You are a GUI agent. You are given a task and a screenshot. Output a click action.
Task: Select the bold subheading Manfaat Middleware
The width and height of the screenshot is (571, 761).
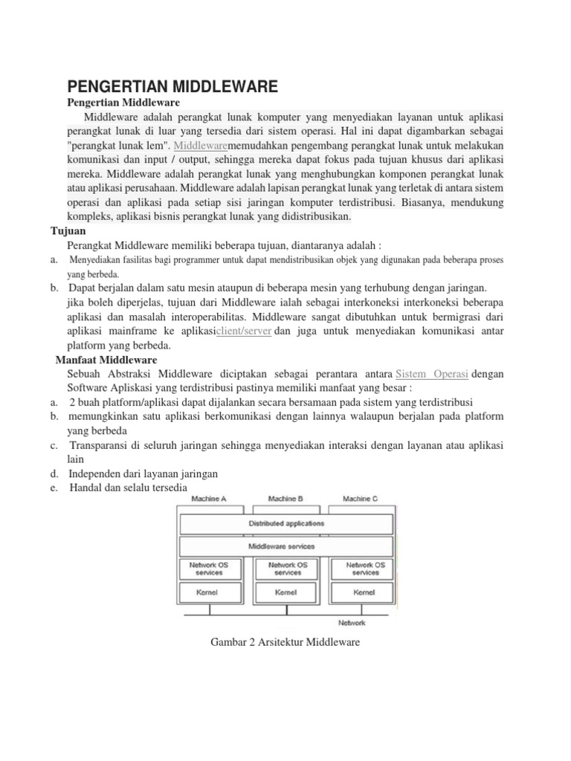(106, 360)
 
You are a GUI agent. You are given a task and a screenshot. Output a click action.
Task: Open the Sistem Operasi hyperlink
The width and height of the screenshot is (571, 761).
(432, 374)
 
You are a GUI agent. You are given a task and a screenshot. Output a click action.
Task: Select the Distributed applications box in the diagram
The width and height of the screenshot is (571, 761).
(285, 523)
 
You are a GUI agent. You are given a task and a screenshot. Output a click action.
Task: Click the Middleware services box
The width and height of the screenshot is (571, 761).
(285, 546)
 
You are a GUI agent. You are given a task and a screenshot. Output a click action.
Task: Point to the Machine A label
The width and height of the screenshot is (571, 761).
(209, 499)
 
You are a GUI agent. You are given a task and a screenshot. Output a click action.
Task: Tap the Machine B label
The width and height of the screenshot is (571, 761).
(285, 499)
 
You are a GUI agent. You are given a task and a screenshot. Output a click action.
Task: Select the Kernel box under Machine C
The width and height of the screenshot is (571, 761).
(365, 593)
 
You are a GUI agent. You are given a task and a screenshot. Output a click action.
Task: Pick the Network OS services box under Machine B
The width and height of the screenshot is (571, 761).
(286, 569)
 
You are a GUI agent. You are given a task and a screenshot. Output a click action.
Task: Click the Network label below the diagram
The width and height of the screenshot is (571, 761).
(352, 622)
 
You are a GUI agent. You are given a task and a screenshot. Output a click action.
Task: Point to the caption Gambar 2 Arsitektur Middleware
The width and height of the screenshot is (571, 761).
(285, 641)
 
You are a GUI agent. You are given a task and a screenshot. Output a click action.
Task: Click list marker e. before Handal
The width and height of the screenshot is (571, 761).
(55, 488)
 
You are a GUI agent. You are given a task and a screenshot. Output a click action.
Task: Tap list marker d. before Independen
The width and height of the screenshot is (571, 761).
(55, 473)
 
